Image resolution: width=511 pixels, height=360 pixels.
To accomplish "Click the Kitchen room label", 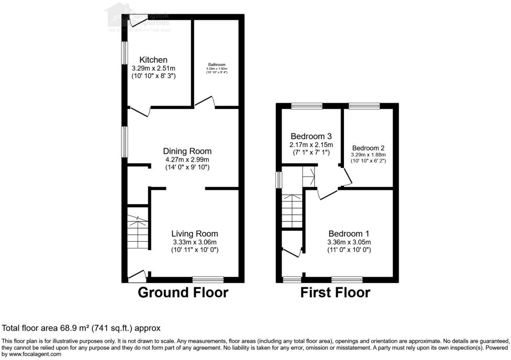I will click(x=153, y=60).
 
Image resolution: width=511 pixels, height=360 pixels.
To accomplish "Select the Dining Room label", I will click(x=187, y=151).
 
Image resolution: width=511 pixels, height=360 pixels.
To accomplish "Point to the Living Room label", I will click(x=195, y=233).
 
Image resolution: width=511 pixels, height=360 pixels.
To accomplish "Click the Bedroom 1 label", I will click(x=349, y=233).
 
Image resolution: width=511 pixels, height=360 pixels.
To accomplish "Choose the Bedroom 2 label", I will click(x=368, y=148).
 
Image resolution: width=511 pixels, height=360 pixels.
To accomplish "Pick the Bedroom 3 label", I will click(x=312, y=136).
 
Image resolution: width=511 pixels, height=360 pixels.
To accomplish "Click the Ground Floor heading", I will click(x=183, y=292).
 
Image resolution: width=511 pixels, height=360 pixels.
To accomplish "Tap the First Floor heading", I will click(x=335, y=292).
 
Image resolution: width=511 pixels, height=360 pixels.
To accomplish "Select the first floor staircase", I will click(x=292, y=209).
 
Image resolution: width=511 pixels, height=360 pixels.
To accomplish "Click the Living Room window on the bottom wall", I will click(x=208, y=279).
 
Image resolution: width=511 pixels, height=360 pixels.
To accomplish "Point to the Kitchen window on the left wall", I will click(x=125, y=53).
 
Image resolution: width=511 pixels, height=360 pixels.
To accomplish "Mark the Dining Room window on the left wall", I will click(x=125, y=141).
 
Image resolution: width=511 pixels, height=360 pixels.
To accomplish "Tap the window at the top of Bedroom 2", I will click(x=365, y=106).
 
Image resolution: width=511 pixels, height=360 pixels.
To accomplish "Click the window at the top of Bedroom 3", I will click(x=307, y=106).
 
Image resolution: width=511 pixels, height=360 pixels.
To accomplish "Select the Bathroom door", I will click(x=206, y=102).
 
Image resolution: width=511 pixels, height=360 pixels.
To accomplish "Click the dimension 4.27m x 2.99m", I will click(x=187, y=160).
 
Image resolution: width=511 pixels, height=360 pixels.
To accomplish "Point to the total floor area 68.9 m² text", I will click(x=81, y=328).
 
